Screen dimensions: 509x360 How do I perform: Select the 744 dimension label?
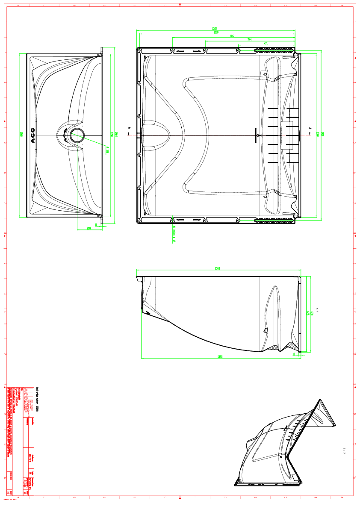click(x=249, y=40)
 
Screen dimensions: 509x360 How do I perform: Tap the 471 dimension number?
click(x=266, y=44)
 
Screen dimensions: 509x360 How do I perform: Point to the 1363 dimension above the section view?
click(x=217, y=268)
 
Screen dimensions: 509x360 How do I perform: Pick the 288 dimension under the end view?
click(x=89, y=229)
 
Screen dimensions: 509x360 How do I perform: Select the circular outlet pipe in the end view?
click(x=77, y=135)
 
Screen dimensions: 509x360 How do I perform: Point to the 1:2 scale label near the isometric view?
click(x=344, y=450)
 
